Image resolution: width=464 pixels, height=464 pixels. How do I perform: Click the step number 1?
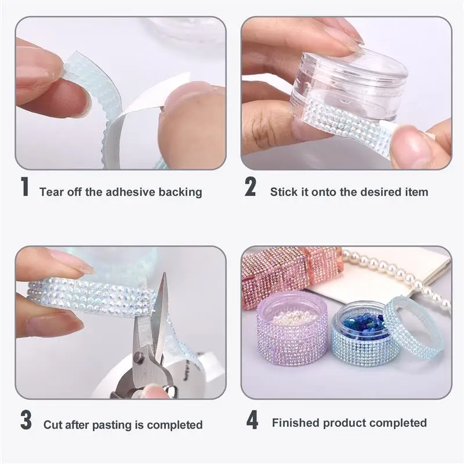pyautogui.click(x=24, y=188)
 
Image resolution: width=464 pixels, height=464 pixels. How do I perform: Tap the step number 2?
pyautogui.click(x=250, y=188)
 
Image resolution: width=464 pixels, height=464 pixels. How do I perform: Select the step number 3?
pyautogui.click(x=26, y=420)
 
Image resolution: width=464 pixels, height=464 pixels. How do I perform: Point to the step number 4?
pyautogui.click(x=251, y=420)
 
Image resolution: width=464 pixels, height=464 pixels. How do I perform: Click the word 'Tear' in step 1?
pyautogui.click(x=52, y=192)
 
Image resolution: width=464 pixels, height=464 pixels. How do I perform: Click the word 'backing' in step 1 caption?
pyautogui.click(x=179, y=192)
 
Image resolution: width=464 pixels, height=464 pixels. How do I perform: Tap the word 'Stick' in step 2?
pyautogui.click(x=284, y=192)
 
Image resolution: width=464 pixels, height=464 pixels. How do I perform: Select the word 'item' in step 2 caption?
pyautogui.click(x=416, y=192)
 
